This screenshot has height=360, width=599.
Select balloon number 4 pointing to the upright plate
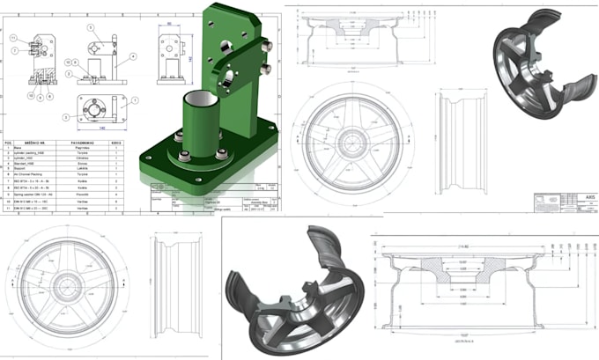pos(132,56)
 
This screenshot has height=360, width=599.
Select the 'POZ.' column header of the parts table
pos(9,140)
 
